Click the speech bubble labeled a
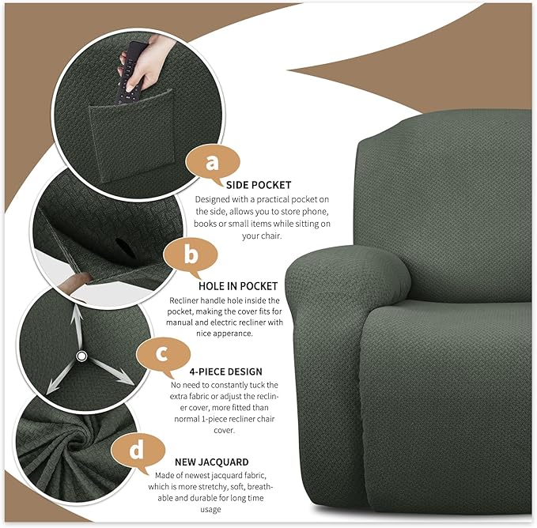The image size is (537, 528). click(210, 162)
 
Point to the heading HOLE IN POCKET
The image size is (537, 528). click(236, 285)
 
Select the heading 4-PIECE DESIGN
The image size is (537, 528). click(227, 371)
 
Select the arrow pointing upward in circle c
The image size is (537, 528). click(78, 319)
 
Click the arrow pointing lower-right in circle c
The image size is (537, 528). click(116, 375)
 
